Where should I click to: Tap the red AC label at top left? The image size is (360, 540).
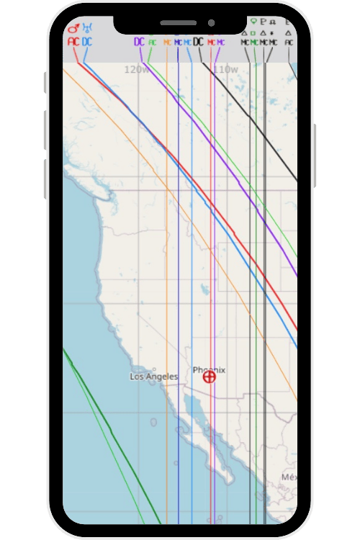73,42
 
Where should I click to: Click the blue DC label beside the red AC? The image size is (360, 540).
86,42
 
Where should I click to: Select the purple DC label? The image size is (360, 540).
139,42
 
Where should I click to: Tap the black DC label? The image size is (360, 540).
198,42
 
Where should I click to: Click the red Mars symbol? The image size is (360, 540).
73,28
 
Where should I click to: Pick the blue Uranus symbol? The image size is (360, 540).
87,28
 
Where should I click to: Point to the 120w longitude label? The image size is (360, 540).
136,70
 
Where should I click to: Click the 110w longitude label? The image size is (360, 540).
225,70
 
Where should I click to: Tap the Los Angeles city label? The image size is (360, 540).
153,377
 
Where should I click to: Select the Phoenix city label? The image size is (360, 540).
209,370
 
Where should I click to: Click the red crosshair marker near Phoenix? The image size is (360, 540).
210,377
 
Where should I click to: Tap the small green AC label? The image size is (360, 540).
152,42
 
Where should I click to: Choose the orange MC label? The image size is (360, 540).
167,42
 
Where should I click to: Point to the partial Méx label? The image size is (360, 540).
289,477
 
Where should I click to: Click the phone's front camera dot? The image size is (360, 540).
211,22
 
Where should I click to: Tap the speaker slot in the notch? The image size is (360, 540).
178,23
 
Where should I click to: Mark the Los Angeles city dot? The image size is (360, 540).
154,369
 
